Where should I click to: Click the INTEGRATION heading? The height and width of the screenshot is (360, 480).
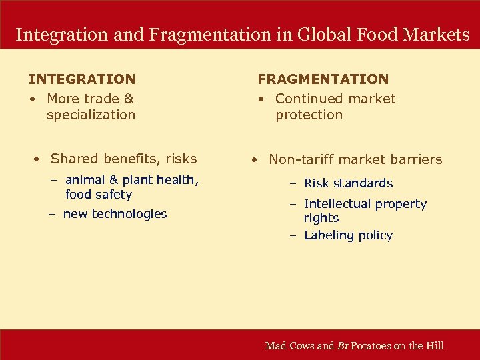82,79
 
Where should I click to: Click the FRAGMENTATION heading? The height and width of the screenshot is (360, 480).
323,79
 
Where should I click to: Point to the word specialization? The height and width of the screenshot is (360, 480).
91,115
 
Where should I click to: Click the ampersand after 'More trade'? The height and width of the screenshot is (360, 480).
129,99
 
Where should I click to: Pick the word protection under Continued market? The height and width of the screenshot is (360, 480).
309,115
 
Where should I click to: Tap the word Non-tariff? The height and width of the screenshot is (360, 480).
303,159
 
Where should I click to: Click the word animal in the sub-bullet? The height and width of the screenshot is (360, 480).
85,180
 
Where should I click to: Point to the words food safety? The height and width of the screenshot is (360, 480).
99,195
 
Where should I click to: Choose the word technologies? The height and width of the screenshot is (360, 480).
129,214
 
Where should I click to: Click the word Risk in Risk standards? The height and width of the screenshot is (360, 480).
317,183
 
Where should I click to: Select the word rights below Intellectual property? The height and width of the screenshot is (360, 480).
321,218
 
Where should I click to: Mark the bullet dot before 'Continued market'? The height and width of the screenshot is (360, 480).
263,99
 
